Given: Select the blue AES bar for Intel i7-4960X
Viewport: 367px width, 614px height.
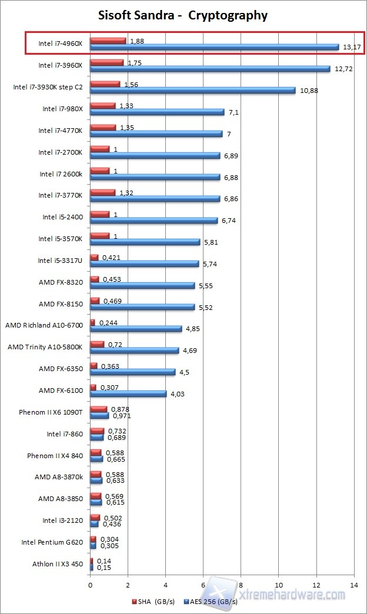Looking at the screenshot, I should pos(215,47).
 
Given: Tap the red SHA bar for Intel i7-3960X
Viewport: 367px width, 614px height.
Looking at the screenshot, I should pos(107,62).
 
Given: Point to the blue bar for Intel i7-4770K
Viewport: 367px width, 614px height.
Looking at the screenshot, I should pos(156,134).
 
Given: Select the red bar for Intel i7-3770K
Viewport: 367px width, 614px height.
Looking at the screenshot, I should pos(103,192).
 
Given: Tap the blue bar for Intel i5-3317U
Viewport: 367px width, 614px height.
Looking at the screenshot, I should pos(145,263).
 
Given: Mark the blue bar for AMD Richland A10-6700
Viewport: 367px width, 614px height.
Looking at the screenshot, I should pos(136,329).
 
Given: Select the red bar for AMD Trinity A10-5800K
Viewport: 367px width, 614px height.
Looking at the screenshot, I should pos(97,344).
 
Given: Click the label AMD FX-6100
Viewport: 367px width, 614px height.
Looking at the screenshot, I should pos(63,391).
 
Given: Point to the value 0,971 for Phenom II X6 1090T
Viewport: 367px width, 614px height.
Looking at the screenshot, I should pos(121,416).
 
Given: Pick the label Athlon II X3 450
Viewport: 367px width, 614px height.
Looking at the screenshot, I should pos(58,565).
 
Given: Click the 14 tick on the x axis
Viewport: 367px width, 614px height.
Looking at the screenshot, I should pos(354,585).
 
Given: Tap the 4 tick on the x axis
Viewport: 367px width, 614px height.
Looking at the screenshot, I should pos(165,585).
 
